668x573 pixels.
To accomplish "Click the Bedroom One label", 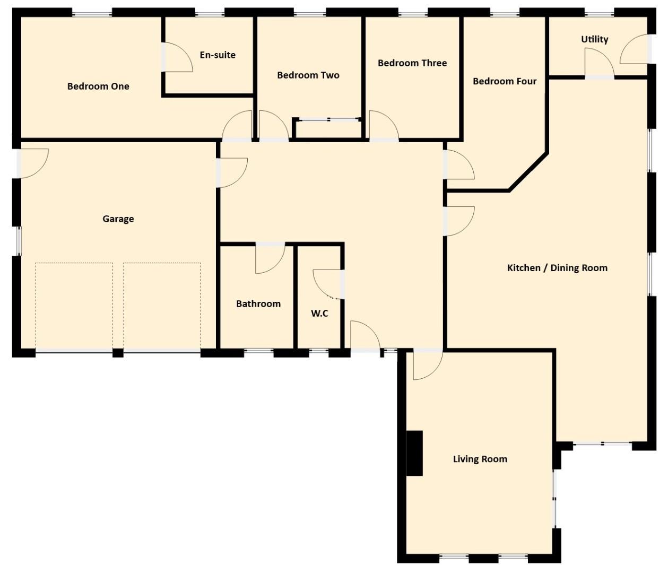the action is pyautogui.click(x=98, y=86).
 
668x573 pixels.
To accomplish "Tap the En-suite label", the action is pyautogui.click(x=218, y=55).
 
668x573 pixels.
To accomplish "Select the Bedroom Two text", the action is pyautogui.click(x=308, y=75).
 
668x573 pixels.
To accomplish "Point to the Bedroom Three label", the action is pyautogui.click(x=412, y=63).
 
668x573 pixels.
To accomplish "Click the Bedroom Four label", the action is pyautogui.click(x=505, y=81).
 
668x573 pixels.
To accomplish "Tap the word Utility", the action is pyautogui.click(x=595, y=39).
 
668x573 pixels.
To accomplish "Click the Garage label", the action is pyautogui.click(x=118, y=219).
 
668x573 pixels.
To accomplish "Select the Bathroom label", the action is pyautogui.click(x=258, y=304).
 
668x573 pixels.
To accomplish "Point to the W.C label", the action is pyautogui.click(x=319, y=314).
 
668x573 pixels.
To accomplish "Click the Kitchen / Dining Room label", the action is pyautogui.click(x=557, y=268).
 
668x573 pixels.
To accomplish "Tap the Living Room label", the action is pyautogui.click(x=480, y=459).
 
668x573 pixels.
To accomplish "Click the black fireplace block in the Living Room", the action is pyautogui.click(x=414, y=453).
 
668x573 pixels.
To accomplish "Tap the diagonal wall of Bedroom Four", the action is pyautogui.click(x=528, y=171).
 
